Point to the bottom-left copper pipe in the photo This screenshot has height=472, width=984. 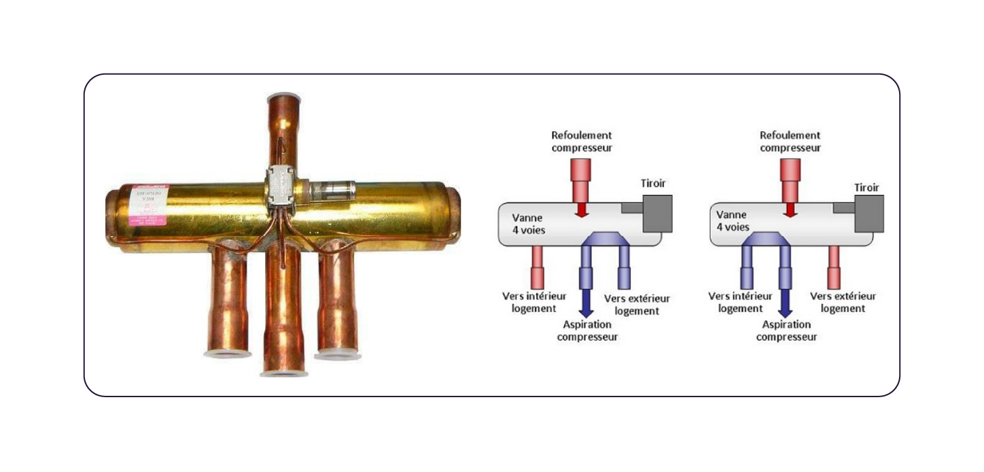point(228,299)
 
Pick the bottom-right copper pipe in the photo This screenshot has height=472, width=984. point(337,299)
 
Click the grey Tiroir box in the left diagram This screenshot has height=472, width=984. point(656,214)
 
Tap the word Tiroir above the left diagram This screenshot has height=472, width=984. point(653,184)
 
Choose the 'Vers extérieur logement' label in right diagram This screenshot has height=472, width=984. point(843,302)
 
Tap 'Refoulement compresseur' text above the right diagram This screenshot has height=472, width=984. point(790,141)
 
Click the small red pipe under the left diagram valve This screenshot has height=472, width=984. point(537,266)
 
